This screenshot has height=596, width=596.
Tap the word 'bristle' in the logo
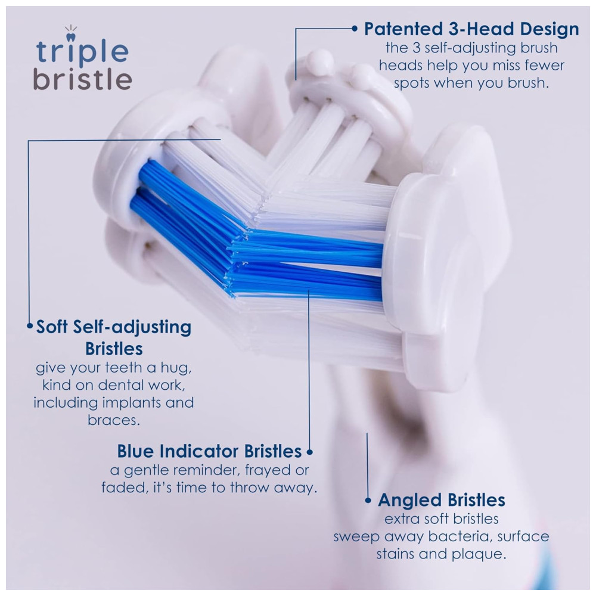click(83, 79)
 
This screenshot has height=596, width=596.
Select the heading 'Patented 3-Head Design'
click(471, 29)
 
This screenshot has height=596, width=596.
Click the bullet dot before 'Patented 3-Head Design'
click(355, 28)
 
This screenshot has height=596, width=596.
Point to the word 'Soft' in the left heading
click(52, 327)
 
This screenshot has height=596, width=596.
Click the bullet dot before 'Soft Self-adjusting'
click(30, 326)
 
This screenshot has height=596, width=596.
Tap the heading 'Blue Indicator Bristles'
click(209, 451)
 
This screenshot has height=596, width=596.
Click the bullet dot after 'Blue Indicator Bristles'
click(309, 452)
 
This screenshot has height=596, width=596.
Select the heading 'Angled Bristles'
click(441, 500)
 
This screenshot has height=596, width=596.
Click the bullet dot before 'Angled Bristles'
click(368, 501)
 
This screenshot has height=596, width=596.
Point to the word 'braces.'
click(114, 420)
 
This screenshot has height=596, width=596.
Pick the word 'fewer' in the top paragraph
click(544, 66)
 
